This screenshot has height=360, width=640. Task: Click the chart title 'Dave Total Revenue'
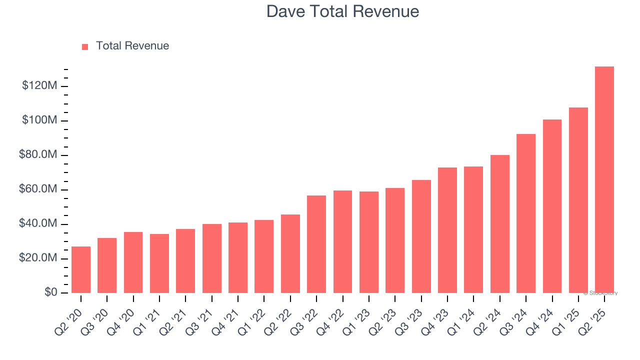click(342, 11)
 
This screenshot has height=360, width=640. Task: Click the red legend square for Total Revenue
click(85, 46)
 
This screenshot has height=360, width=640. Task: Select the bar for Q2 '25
click(604, 179)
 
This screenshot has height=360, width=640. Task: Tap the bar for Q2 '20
click(81, 269)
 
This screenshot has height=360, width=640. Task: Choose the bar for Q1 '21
click(159, 263)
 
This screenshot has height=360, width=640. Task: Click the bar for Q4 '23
click(447, 230)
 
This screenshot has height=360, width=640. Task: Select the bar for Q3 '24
click(525, 213)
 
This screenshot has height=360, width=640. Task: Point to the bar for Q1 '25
click(578, 200)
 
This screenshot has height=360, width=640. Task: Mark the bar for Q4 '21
click(238, 257)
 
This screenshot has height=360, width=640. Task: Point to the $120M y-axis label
click(39, 86)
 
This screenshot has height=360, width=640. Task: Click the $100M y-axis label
click(39, 120)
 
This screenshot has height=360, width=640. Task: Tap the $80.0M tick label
click(38, 155)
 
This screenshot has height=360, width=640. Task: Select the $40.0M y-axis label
click(38, 224)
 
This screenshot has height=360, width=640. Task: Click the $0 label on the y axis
click(51, 292)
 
